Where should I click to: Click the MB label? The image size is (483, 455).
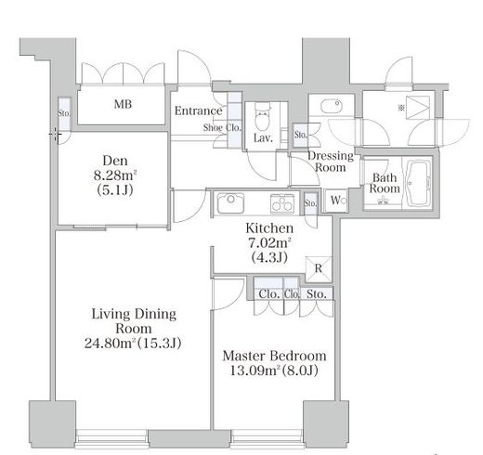point(123,104)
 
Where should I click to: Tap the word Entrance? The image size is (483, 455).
point(199,110)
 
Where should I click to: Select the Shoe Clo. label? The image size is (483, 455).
point(222,127)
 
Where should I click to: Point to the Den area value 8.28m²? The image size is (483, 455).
point(115,175)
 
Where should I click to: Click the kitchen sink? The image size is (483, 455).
point(230,203)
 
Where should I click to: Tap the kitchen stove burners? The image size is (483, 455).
point(282,203)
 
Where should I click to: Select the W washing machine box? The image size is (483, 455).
point(335,201)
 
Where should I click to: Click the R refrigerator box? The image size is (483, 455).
point(319,268)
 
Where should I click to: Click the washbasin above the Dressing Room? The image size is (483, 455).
point(332,106)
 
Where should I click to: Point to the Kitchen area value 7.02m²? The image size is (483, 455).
point(269,242)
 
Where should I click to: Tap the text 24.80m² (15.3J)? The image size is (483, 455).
point(133,343)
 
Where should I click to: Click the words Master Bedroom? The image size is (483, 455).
point(275,356)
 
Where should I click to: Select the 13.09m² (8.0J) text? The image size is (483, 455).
point(274,370)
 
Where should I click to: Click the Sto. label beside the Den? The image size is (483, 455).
point(65,113)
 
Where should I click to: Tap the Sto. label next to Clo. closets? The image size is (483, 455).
point(317,293)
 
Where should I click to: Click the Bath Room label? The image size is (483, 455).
point(385,183)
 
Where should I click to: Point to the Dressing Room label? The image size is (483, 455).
point(331,162)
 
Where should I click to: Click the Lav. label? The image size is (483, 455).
point(263,138)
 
